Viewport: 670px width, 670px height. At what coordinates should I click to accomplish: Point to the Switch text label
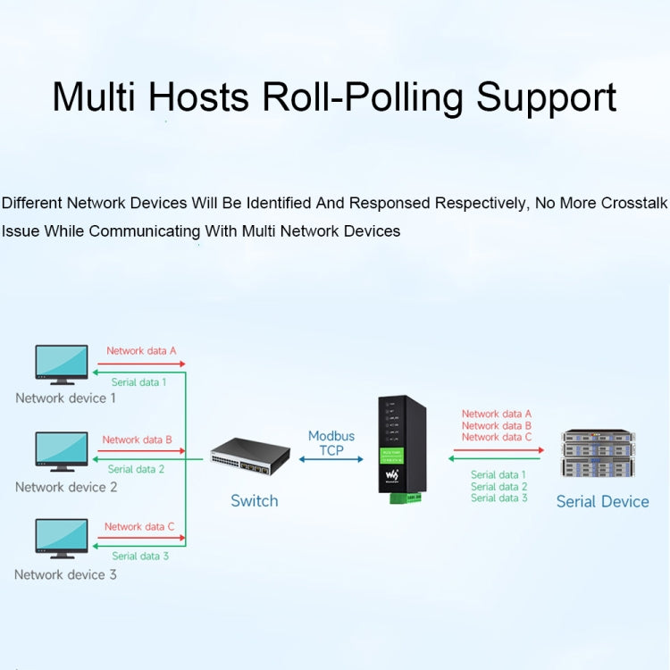pyautogui.click(x=255, y=501)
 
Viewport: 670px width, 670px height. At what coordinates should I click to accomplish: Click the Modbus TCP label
pyautogui.click(x=331, y=443)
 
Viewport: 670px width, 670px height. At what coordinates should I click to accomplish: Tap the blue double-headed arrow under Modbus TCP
pyautogui.click(x=331, y=459)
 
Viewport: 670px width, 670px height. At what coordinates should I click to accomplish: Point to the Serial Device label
pyautogui.click(x=602, y=502)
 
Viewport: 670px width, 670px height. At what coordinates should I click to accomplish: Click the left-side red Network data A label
pyautogui.click(x=141, y=351)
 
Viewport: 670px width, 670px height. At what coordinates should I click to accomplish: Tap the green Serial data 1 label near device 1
pyautogui.click(x=138, y=382)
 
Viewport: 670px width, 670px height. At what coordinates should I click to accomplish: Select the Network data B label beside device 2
pyautogui.click(x=137, y=440)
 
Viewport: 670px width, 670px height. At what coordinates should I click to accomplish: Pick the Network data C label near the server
pyautogui.click(x=497, y=437)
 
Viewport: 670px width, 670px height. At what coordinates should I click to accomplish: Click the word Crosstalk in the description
pyautogui.click(x=633, y=204)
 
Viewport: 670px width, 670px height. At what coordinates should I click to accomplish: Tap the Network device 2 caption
pyautogui.click(x=66, y=488)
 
